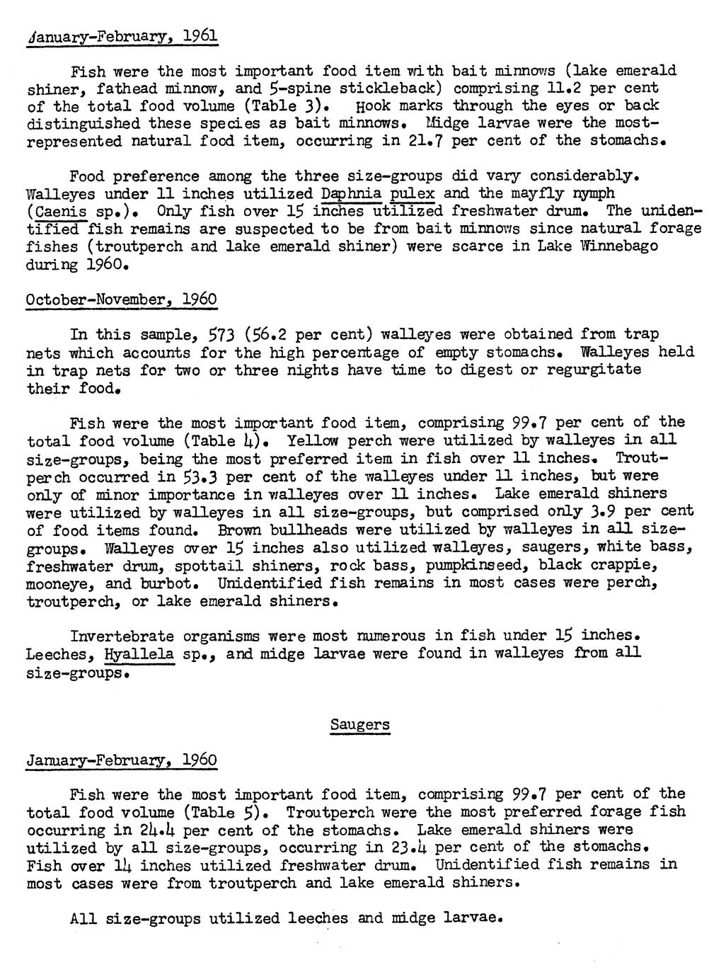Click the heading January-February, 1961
(x=122, y=35)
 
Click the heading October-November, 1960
(x=122, y=299)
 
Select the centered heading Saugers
(x=359, y=725)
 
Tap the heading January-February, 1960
(x=122, y=760)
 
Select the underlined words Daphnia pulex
(x=379, y=193)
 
